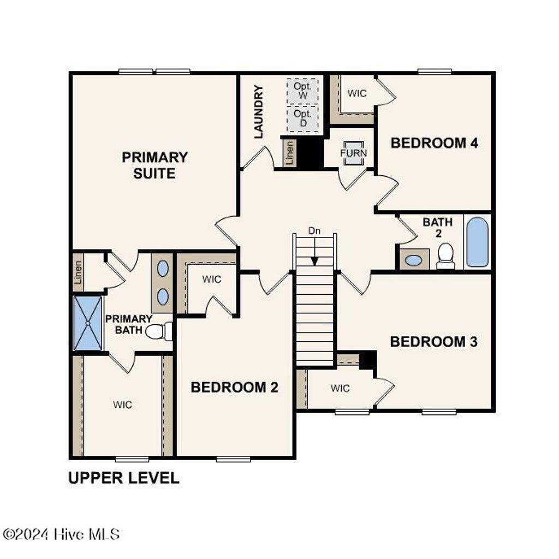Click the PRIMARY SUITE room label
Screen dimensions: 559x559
[x=154, y=165]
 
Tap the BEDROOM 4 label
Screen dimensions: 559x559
[x=435, y=143]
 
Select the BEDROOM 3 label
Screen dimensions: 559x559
[x=433, y=342]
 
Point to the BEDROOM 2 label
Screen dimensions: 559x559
[x=234, y=388]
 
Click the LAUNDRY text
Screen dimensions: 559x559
[x=259, y=111]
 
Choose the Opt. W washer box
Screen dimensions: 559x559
[x=302, y=91]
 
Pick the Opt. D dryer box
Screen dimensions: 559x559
[x=302, y=118]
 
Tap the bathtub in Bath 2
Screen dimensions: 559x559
[x=478, y=242]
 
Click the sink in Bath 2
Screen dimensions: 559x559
[x=414, y=260]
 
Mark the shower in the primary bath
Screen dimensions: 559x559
[x=88, y=323]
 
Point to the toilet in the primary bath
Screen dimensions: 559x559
[x=158, y=331]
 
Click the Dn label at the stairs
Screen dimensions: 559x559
[x=314, y=231]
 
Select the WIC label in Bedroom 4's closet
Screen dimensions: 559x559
[x=357, y=93]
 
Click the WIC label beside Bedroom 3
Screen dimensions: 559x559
[x=340, y=388]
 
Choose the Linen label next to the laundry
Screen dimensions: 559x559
[x=290, y=153]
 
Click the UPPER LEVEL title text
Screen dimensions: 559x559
[x=123, y=478]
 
